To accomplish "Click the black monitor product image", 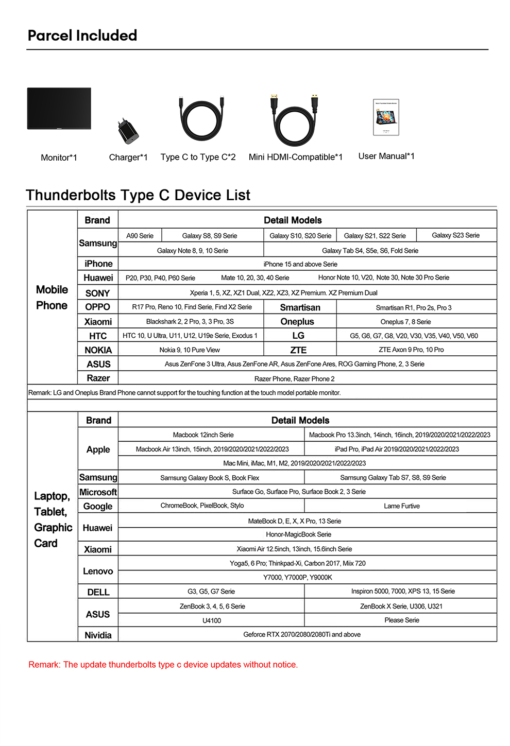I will [x=59, y=109].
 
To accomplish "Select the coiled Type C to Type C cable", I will [x=201, y=120].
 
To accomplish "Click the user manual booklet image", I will [x=386, y=117].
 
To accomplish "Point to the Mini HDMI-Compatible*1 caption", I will [x=295, y=157].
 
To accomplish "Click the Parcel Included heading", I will [x=82, y=36].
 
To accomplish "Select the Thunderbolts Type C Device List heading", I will [x=138, y=195].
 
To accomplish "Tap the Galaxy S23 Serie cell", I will [x=455, y=235].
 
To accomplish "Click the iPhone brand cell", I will [x=98, y=264].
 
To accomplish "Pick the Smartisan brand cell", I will [x=300, y=307].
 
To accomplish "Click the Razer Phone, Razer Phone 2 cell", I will [x=294, y=379].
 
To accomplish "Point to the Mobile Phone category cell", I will [x=52, y=298].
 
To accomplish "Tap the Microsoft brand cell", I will [x=98, y=492].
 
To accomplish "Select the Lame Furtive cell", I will [x=401, y=506].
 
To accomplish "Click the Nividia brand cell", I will [x=98, y=635].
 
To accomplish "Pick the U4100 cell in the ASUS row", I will [x=211, y=620].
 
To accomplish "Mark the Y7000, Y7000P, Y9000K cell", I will [x=297, y=577].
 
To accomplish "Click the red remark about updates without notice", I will [x=163, y=665].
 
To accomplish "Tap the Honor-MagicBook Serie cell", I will [x=298, y=534].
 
